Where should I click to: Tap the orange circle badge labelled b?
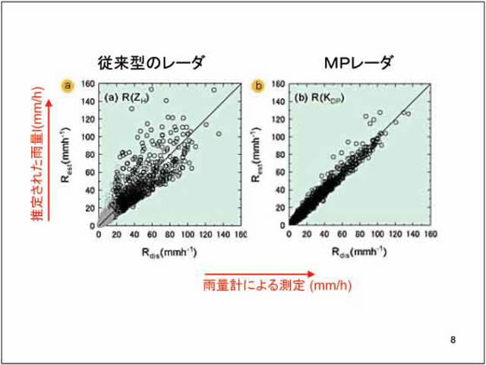258,85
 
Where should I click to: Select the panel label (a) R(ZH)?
127,100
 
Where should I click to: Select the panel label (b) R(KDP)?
319,100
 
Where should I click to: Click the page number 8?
453,338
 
